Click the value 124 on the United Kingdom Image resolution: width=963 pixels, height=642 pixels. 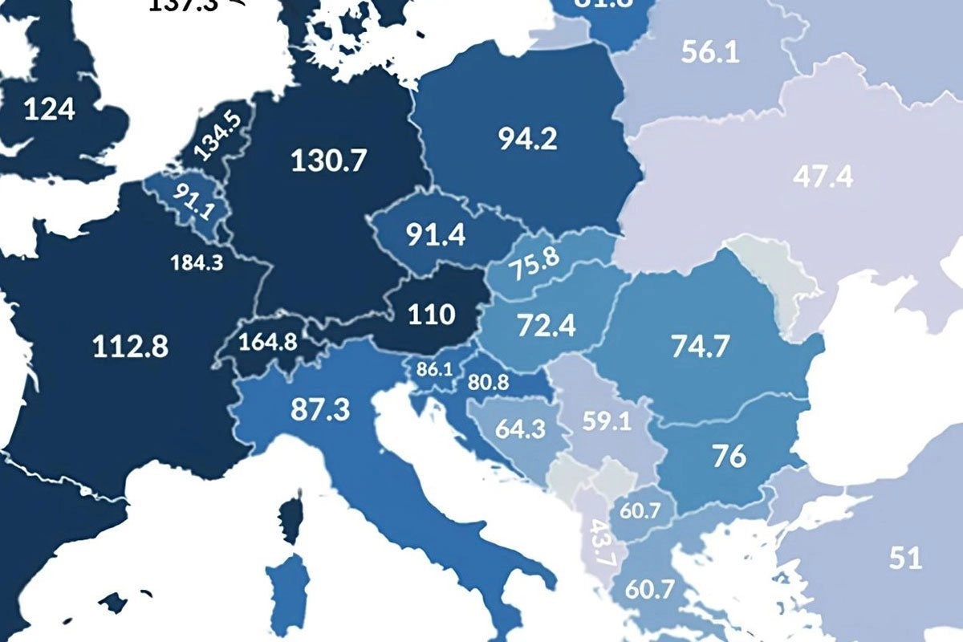click(x=50, y=109)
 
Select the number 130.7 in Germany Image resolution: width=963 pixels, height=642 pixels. click(x=329, y=160)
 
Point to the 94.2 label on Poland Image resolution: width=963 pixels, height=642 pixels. click(x=527, y=140)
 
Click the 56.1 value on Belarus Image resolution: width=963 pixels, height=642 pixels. click(x=710, y=52)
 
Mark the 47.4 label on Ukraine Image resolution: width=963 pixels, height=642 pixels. click(x=823, y=177)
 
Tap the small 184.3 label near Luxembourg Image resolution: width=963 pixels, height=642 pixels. click(x=197, y=262)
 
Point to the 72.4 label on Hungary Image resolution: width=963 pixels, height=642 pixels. click(x=547, y=327)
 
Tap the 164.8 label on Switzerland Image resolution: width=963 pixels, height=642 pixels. click(x=269, y=341)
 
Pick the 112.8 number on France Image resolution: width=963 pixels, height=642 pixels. click(x=131, y=347)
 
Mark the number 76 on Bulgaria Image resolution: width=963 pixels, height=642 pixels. click(x=729, y=456)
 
